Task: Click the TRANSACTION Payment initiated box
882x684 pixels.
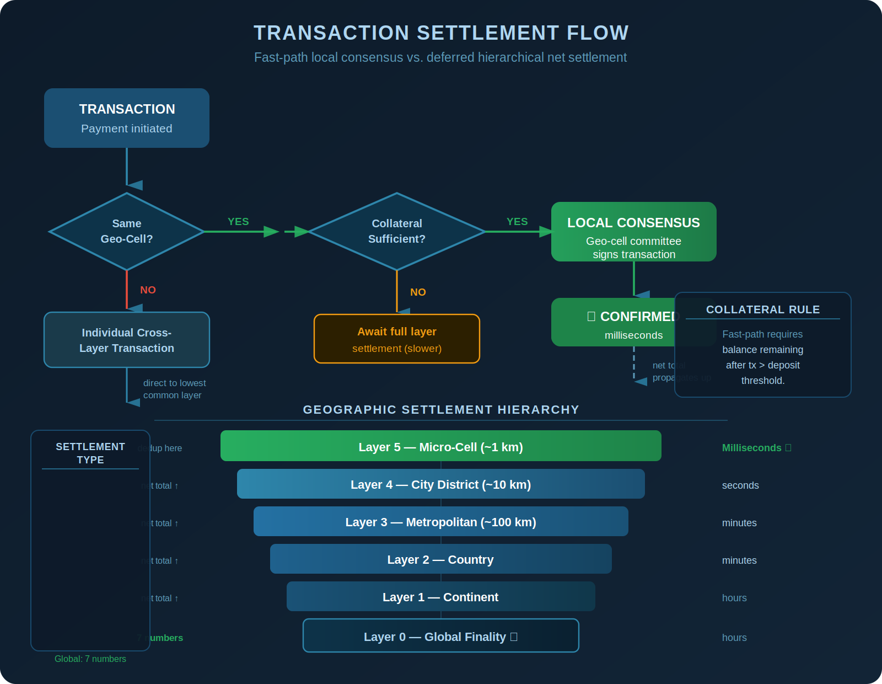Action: (127, 118)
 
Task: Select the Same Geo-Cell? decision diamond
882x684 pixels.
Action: (127, 232)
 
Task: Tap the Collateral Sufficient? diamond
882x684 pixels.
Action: (397, 232)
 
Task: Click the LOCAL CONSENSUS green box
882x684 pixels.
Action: (633, 232)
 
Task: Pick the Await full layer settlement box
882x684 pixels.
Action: (397, 339)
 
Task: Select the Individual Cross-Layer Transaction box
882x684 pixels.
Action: (127, 340)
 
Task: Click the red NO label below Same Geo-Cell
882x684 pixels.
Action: (148, 290)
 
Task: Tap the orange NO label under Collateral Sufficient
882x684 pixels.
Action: (418, 292)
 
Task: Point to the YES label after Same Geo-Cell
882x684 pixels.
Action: (238, 222)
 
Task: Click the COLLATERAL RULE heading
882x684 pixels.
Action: (763, 310)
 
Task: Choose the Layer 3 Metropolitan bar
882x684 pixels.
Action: (441, 521)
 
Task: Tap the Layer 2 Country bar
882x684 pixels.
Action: (441, 559)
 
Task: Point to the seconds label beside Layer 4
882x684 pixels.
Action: (740, 485)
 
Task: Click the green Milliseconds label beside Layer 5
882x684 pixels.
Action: (753, 448)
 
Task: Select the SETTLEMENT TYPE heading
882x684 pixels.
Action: (90, 453)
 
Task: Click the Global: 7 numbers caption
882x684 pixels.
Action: (90, 659)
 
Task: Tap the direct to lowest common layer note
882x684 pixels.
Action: (174, 389)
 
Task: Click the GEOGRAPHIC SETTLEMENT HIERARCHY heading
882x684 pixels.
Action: (441, 410)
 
